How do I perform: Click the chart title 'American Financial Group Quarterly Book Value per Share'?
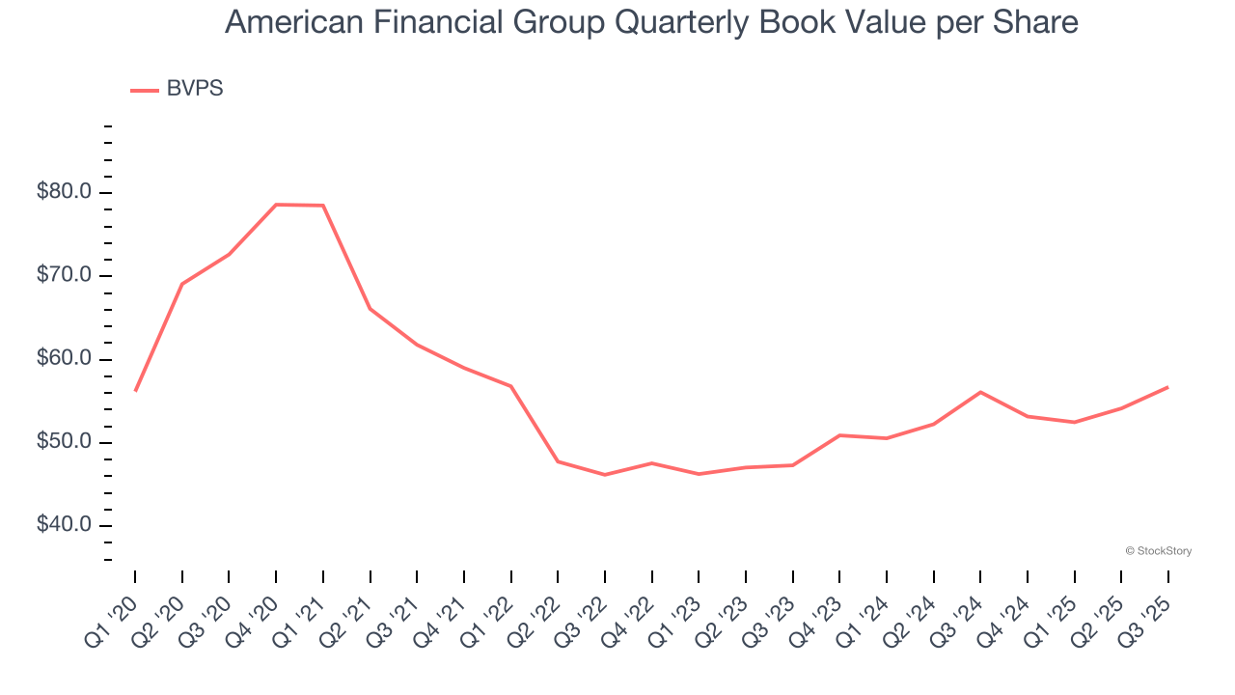coord(651,22)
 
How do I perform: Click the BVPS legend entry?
coord(178,89)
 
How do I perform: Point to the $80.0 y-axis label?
coord(64,192)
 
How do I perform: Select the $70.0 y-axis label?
coord(64,276)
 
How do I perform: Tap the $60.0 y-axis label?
coord(64,359)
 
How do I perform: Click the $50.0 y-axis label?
coord(64,442)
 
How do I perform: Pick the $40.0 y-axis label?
coord(64,526)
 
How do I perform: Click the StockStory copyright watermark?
coord(1158,551)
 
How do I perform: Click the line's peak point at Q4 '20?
coord(276,205)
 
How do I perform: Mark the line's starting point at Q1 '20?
coord(135,390)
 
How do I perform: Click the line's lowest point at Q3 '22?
coord(605,475)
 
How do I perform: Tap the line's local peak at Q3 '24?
coord(980,392)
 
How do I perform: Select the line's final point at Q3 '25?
coord(1168,387)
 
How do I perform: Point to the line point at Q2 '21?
coord(370,309)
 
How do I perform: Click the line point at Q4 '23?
coord(839,435)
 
